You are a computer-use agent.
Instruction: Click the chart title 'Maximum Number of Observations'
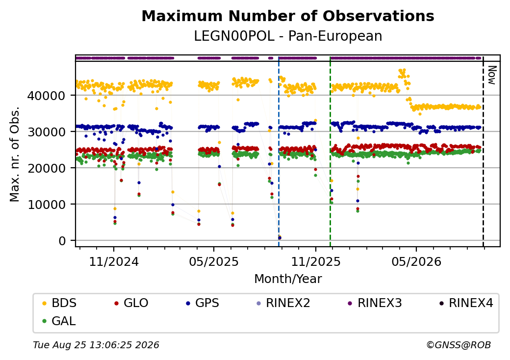coord(288,16)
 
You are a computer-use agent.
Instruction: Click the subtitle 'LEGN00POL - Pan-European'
coord(288,36)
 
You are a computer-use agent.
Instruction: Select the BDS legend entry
coord(60,303)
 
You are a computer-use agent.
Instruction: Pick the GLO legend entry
coord(132,303)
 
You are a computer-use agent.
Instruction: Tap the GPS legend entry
coord(203,303)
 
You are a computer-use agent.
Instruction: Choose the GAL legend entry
coord(60,321)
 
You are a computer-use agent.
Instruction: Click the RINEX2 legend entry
coord(283,303)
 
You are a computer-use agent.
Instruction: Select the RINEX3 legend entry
coord(375,303)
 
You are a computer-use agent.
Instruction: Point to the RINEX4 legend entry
coord(466,303)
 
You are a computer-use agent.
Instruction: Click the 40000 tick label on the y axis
coord(47,96)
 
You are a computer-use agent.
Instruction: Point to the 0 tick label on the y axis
coord(62,241)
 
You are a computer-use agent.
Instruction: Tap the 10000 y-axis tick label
coord(47,205)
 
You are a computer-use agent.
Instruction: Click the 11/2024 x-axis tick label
coord(114,261)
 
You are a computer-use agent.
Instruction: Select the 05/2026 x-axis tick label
coord(416,261)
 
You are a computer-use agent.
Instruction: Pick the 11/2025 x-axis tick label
coord(315,261)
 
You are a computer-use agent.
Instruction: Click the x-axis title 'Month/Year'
coord(288,279)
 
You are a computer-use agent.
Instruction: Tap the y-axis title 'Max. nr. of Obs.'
coord(14,154)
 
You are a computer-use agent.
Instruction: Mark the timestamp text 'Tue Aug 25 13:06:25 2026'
coord(96,345)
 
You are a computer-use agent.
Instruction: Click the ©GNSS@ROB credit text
coord(459,345)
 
